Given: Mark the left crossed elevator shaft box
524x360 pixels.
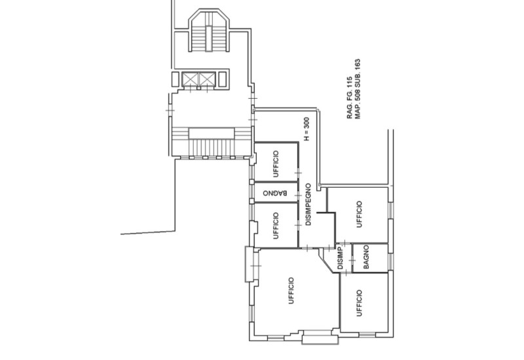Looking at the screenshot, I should point(191,79).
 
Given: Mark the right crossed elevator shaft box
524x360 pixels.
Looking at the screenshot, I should point(208,79).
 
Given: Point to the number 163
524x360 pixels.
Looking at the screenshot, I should point(359,67).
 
